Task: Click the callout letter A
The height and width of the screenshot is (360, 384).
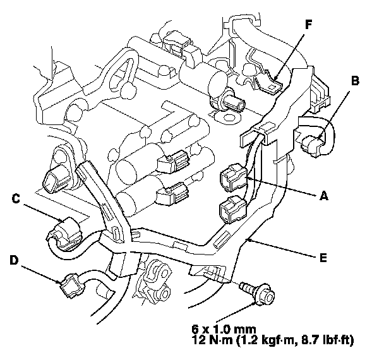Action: click(x=323, y=196)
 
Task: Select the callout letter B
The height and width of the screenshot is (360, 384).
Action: click(x=355, y=81)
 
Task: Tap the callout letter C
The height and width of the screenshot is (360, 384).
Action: click(x=16, y=200)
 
